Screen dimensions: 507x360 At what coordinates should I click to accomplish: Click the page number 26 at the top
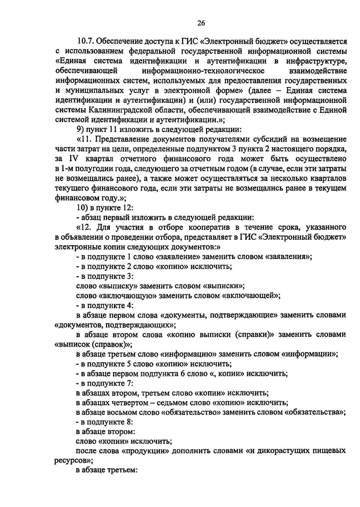pyautogui.click(x=201, y=23)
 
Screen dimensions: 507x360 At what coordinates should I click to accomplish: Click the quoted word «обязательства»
pyautogui.click(x=313, y=412)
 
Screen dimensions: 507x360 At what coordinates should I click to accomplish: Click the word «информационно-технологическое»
pyautogui.click(x=203, y=71)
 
